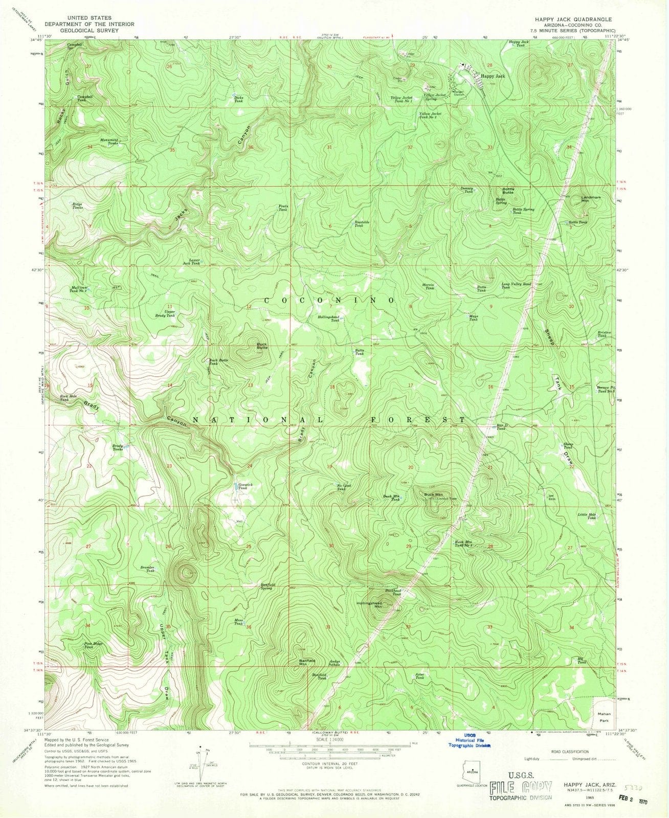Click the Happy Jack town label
(493, 76)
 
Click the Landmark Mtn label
(591, 199)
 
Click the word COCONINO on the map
(329, 300)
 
